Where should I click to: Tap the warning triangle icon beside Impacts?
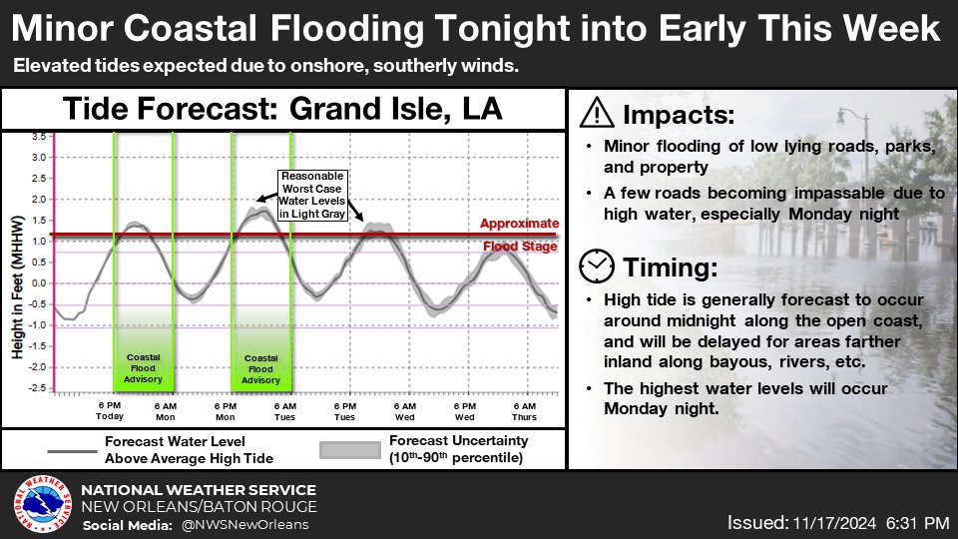click(x=597, y=113)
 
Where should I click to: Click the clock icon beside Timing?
click(x=597, y=266)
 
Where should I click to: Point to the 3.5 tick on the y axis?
click(x=37, y=136)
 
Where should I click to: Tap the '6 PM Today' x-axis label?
click(x=110, y=411)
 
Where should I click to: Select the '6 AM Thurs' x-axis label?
click(x=524, y=411)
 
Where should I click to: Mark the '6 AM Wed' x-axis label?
click(x=404, y=411)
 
